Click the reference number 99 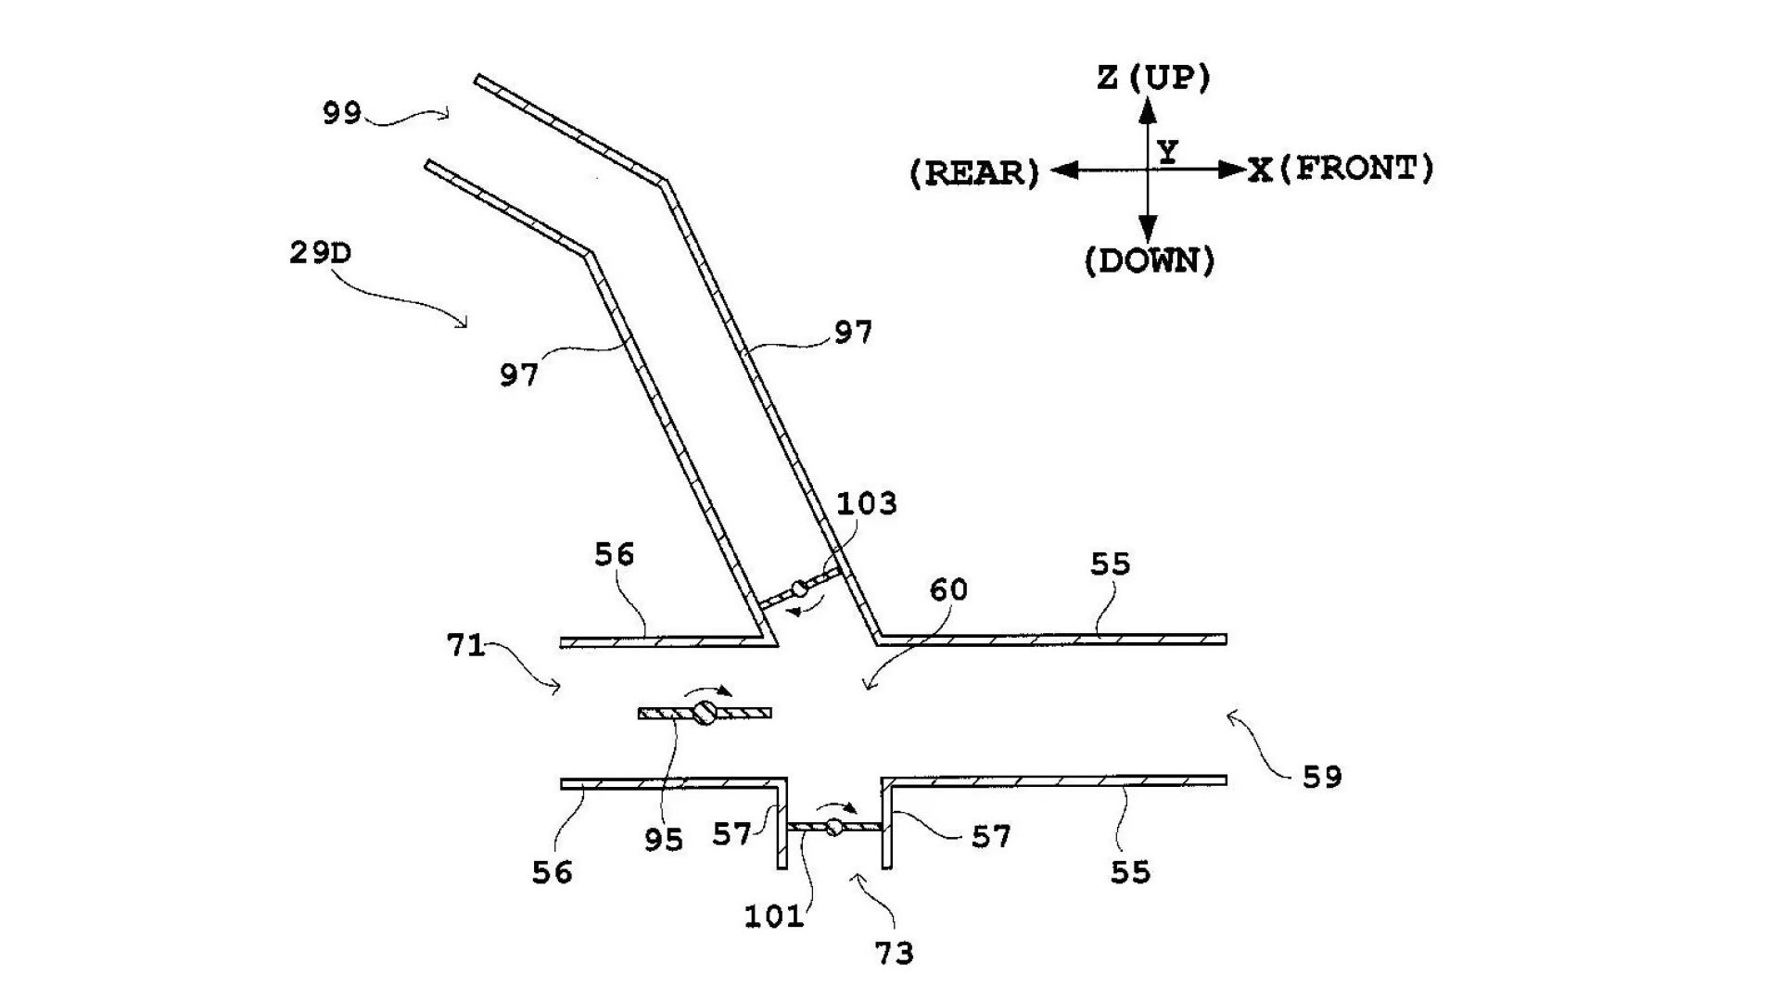(x=341, y=113)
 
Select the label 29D (x=320, y=252)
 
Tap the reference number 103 (x=867, y=503)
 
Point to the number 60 (x=947, y=589)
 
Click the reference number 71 (x=466, y=644)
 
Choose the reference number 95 (x=664, y=839)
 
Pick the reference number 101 (x=774, y=917)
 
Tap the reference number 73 (x=894, y=953)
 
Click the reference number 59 (x=1322, y=777)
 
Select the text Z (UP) (x=1153, y=78)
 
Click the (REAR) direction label (x=974, y=173)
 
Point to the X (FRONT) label (x=1341, y=169)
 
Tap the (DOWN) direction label (x=1150, y=261)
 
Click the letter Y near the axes (x=1168, y=151)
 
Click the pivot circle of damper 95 (x=705, y=713)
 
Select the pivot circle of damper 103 (x=798, y=589)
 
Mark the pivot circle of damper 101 (x=834, y=827)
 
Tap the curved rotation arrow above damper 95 (x=707, y=691)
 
